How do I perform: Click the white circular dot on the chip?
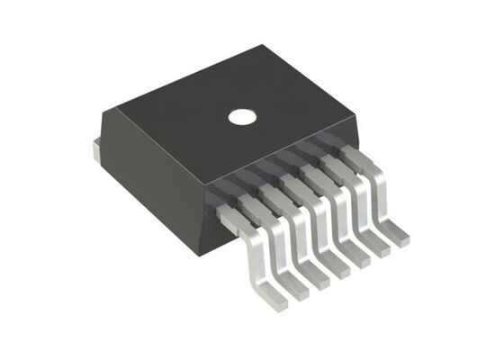[x=240, y=116]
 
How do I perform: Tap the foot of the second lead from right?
[x=380, y=249]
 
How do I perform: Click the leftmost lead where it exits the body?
[x=227, y=212]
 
